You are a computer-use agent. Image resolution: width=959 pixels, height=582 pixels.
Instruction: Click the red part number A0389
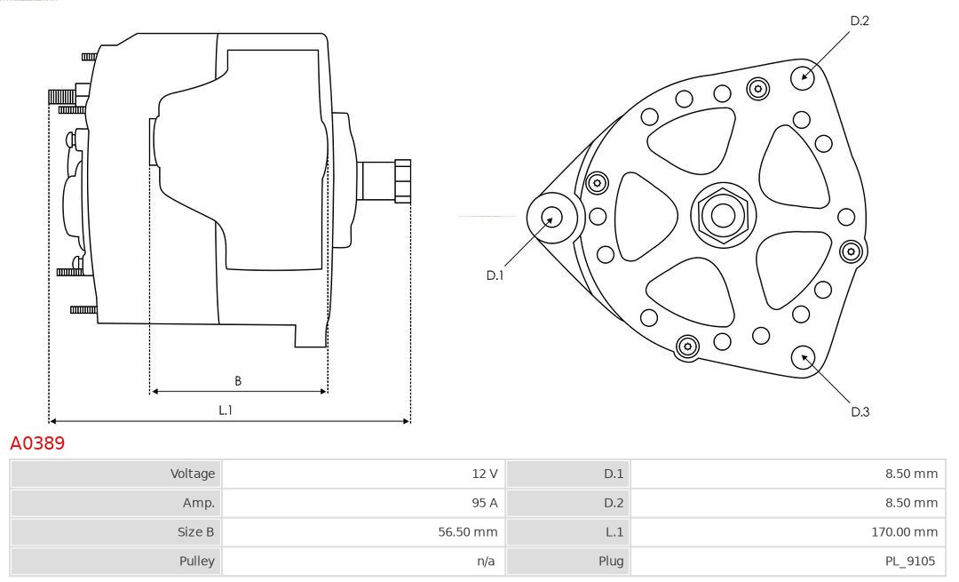37,442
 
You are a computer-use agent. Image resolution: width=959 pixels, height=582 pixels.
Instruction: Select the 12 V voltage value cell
485,474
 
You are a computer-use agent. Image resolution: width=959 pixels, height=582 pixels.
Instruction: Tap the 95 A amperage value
485,502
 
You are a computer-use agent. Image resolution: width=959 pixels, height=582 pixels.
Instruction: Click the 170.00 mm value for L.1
904,531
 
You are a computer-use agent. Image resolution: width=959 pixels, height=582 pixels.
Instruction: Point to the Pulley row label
197,561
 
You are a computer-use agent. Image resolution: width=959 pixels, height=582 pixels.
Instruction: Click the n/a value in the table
486,561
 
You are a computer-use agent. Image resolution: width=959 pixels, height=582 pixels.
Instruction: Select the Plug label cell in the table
611,561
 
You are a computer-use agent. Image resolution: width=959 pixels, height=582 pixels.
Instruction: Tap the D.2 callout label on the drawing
859,20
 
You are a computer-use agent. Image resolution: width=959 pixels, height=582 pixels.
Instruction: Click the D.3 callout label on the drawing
860,411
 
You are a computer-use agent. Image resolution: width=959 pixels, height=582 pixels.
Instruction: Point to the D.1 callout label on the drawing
495,275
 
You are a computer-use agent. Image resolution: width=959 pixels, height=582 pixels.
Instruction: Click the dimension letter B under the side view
237,381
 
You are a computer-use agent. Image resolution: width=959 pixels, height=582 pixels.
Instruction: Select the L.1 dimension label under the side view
226,410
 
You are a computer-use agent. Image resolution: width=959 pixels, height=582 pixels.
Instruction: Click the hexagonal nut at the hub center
723,215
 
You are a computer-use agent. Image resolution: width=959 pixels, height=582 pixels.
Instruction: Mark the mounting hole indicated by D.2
803,76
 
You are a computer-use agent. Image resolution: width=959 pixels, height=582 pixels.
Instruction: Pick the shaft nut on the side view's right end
402,181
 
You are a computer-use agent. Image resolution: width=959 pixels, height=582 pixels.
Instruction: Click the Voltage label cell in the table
193,474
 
